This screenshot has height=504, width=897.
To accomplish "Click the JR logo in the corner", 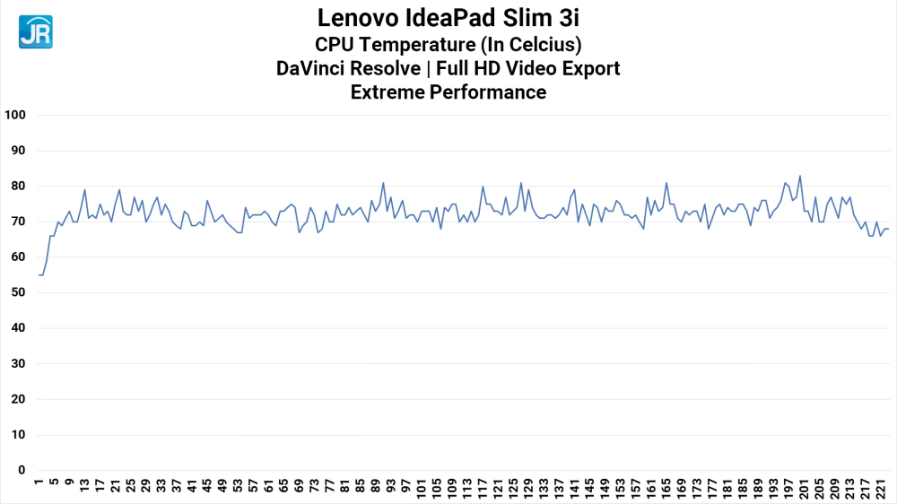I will (35, 31).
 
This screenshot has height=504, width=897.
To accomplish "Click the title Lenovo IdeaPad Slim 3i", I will (448, 18).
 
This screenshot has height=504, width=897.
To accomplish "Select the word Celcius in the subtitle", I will (544, 43).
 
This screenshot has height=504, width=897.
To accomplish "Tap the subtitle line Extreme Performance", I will (448, 92).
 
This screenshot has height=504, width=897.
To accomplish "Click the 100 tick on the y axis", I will (17, 115).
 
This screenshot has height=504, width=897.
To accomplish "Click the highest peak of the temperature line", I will (800, 176).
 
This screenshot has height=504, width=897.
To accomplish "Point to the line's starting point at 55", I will (39, 274).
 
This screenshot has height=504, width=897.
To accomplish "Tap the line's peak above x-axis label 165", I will (666, 183).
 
